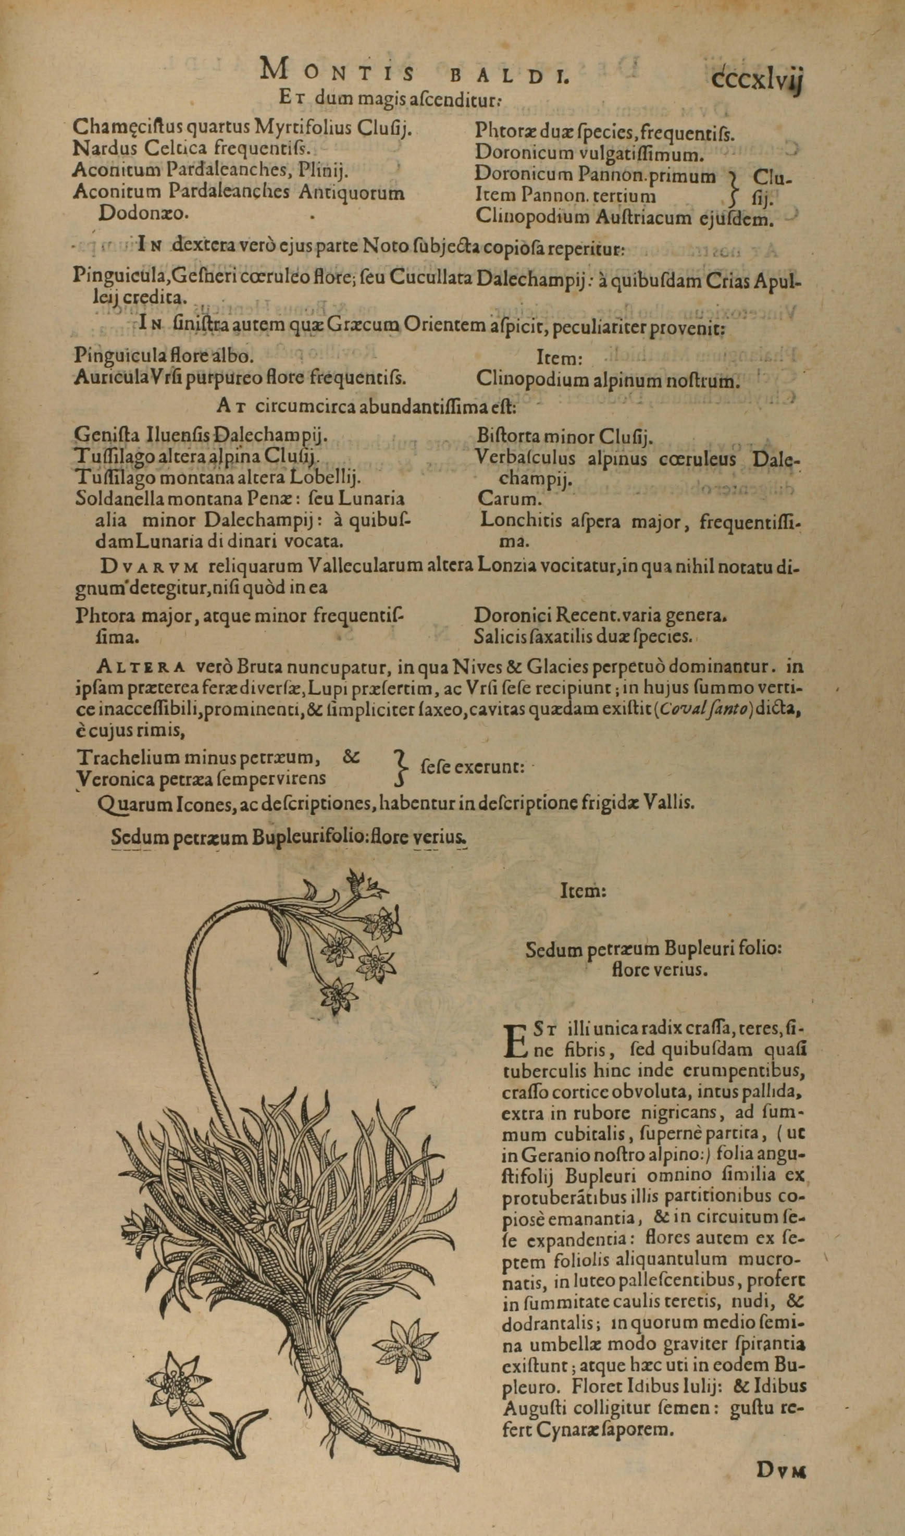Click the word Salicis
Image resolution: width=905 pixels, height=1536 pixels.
pos(500,636)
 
